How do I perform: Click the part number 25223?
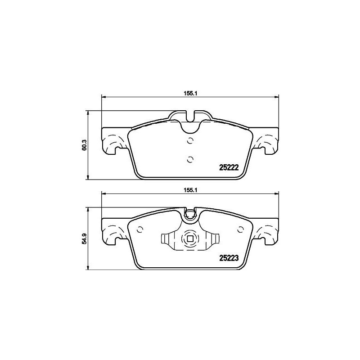tap(229, 258)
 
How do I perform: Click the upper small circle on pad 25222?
tap(190, 140)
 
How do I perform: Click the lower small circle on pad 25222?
tap(190, 159)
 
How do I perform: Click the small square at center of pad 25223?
tap(190, 239)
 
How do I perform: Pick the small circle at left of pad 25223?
tap(139, 228)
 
